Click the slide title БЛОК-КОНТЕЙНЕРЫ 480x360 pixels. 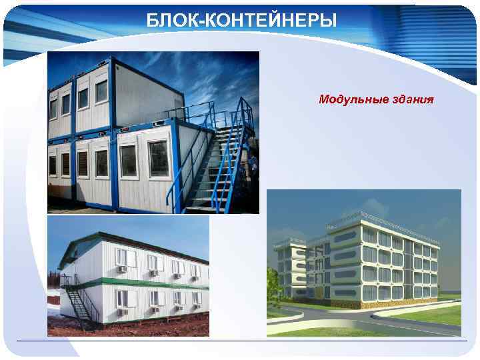pos(242,21)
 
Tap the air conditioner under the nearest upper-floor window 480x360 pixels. pos(123,269)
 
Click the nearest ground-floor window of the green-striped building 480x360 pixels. pos(122,298)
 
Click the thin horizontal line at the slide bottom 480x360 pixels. pos(240,341)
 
